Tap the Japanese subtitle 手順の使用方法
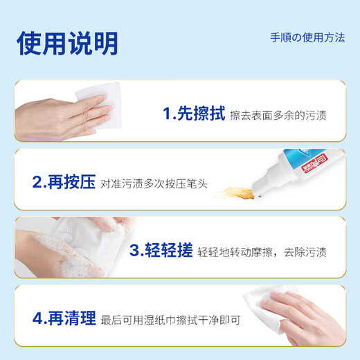(307, 37)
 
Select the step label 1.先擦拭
(193, 114)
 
